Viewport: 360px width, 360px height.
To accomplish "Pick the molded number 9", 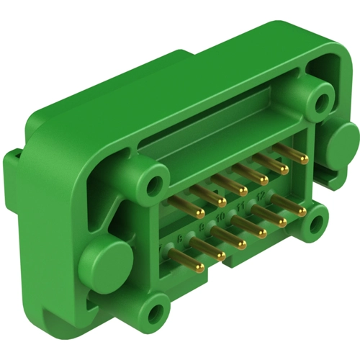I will coord(201,225).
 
